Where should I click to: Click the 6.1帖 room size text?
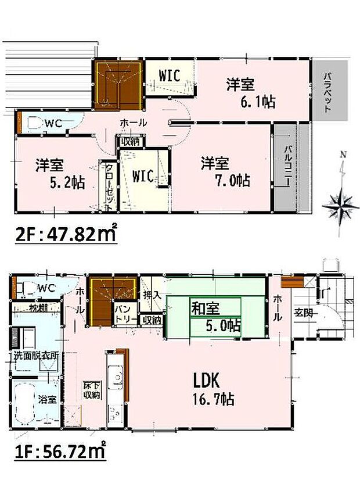pos(260,103)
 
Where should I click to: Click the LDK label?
pos(206,381)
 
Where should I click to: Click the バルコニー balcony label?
pos(287,165)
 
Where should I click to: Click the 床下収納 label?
pos(91,391)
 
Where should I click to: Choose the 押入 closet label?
pos(152,295)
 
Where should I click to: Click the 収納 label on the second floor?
pos(129,141)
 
